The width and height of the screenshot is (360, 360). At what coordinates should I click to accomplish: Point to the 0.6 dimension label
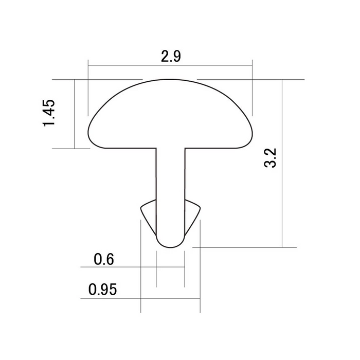click(103, 259)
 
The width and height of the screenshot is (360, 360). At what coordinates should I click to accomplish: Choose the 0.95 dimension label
click(103, 290)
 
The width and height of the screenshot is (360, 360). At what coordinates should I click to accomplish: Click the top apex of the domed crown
click(170, 80)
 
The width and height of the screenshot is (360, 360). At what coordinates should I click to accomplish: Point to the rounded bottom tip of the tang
click(170, 247)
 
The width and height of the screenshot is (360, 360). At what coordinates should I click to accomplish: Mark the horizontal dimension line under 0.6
click(118, 267)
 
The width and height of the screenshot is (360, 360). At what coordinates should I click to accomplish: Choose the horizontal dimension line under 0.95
click(118, 298)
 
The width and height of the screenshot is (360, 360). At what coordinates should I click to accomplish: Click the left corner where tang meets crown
click(156, 149)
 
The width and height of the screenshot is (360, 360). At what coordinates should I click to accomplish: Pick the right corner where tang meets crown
click(184, 149)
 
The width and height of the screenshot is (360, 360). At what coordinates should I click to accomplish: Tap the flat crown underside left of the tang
click(129, 148)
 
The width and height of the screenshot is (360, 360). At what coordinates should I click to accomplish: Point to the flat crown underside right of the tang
click(211, 148)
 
